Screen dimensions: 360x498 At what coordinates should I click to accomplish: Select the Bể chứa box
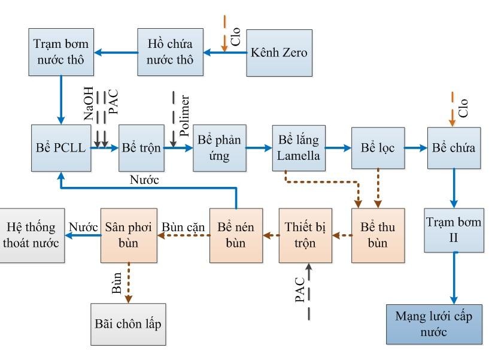(x=454, y=147)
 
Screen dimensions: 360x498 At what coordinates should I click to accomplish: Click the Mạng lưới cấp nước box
(x=434, y=323)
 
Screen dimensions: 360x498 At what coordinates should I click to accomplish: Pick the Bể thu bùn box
(x=378, y=235)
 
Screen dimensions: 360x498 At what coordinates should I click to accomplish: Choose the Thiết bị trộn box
(x=305, y=235)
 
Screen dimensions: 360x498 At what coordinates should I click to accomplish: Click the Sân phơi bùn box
(x=126, y=235)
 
